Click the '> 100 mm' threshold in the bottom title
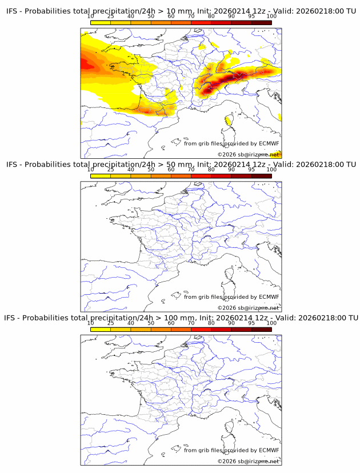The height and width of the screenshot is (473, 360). [x=175, y=318]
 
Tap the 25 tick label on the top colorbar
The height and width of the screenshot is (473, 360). [x=110, y=16]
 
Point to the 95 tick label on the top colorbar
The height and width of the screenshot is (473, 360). [x=251, y=16]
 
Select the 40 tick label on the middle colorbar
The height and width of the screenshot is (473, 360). [x=131, y=169]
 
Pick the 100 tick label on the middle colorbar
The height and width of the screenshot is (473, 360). [x=271, y=169]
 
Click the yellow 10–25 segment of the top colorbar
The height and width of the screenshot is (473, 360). [x=101, y=22]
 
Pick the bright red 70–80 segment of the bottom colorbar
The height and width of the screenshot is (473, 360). [x=201, y=329]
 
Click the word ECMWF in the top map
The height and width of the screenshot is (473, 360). [x=269, y=143]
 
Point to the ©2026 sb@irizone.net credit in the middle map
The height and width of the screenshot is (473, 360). [x=248, y=308]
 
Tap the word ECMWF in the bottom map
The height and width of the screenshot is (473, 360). [x=269, y=450]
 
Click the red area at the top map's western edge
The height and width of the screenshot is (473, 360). [x=86, y=64]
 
